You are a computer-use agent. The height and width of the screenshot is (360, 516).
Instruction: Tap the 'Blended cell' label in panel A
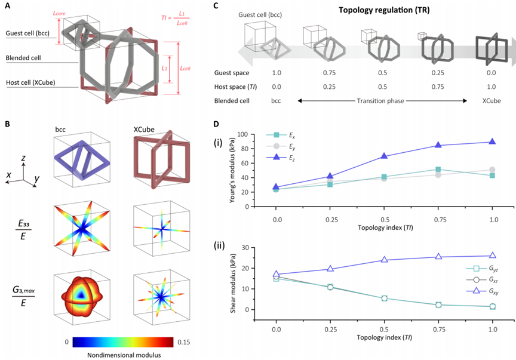tap(24, 59)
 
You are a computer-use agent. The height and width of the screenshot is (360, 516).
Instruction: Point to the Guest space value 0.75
tap(321, 72)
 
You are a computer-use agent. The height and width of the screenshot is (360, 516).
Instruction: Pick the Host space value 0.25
tap(321, 86)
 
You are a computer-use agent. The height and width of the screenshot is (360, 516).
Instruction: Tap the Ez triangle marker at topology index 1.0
tap(493, 141)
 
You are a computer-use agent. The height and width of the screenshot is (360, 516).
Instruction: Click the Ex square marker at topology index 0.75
tap(438, 170)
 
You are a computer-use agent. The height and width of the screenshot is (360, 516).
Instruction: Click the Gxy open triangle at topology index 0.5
tap(384, 260)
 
